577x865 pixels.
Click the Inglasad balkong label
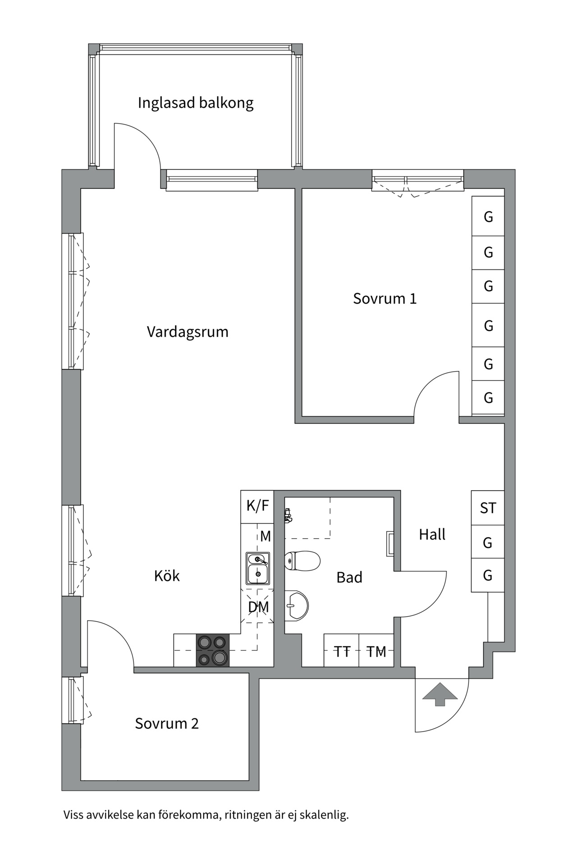point(196,103)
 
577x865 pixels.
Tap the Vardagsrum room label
point(188,332)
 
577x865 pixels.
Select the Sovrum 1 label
point(385,298)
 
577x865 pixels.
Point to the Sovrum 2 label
point(167,724)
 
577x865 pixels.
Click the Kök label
point(167,576)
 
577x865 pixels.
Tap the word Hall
point(432,534)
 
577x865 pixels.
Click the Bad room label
point(349,578)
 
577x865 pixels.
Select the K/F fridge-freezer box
point(257,506)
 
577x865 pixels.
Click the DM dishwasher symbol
point(258,606)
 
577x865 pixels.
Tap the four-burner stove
point(213,650)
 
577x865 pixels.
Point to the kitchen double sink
point(258,568)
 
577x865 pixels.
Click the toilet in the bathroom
point(303,561)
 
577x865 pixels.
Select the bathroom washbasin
point(296,605)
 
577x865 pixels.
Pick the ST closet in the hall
point(488,508)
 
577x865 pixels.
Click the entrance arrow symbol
point(440,694)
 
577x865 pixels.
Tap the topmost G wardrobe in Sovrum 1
point(488,217)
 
